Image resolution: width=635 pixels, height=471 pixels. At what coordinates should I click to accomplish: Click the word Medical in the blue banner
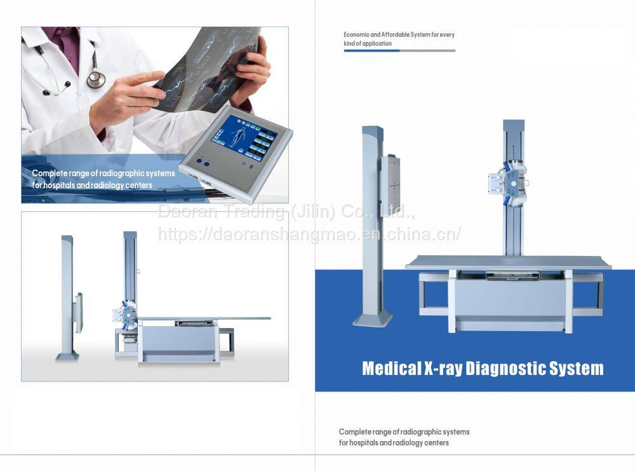coord(392,369)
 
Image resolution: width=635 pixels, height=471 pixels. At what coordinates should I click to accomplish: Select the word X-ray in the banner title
coord(443,369)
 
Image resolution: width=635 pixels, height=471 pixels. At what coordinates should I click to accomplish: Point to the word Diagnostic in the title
coord(505,369)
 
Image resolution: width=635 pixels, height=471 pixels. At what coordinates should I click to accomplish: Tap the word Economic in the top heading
coord(356,35)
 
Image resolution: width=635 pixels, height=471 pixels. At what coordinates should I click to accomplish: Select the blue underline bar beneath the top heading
coord(371,51)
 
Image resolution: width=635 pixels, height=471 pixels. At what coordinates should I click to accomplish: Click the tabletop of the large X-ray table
coord(509,262)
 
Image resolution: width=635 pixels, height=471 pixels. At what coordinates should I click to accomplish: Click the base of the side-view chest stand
coord(67,357)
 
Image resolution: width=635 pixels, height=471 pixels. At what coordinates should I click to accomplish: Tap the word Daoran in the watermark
coord(187,211)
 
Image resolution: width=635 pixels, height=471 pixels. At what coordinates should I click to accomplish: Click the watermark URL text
coord(309,234)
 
